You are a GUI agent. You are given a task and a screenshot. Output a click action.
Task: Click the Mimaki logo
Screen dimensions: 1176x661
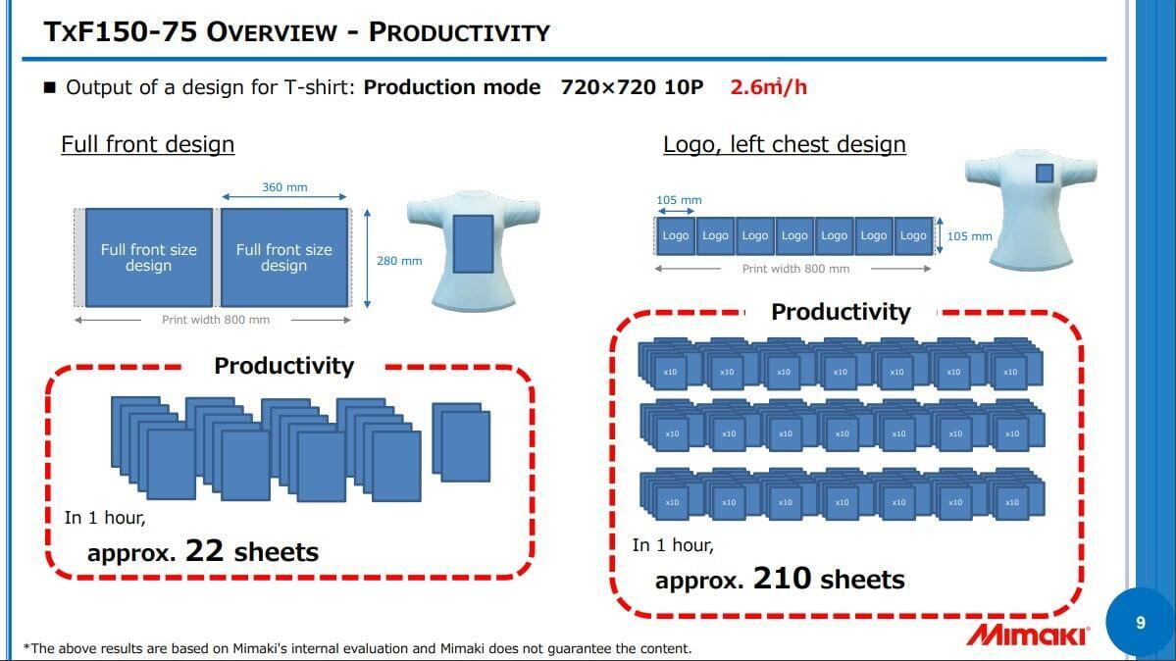pos(1027,635)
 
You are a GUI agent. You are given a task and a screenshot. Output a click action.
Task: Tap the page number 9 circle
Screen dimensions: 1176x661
pos(1140,622)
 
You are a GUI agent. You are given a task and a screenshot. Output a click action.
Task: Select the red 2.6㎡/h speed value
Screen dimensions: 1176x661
pos(769,87)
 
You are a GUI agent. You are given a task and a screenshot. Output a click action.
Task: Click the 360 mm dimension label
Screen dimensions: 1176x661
pos(284,186)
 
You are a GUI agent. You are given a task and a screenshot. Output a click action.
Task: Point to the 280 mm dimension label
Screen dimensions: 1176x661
pos(399,260)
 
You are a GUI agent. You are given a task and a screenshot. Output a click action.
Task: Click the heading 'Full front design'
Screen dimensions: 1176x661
pos(148,144)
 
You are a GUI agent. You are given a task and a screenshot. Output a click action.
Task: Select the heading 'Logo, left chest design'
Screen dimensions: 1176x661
pos(785,144)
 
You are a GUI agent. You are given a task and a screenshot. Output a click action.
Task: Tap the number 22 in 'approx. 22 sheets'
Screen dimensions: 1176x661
pos(204,551)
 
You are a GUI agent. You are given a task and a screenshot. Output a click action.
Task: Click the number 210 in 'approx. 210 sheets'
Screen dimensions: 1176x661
pos(783,579)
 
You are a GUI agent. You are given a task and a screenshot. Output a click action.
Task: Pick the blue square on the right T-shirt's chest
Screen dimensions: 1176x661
pos(1044,174)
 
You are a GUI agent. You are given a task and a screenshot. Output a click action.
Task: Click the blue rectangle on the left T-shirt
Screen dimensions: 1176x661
pos(474,244)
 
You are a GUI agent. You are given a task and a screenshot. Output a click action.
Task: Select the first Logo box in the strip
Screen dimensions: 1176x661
pos(675,235)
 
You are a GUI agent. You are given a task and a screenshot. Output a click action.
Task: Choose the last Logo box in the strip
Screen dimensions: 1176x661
pos(913,235)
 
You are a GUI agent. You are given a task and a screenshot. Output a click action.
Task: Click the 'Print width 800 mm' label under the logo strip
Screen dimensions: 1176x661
pos(795,269)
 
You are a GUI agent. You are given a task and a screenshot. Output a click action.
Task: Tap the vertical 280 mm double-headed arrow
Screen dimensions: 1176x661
pos(367,259)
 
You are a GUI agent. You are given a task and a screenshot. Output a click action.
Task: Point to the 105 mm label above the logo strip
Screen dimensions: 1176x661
pos(679,200)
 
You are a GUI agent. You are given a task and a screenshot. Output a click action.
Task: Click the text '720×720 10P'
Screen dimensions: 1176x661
pos(633,87)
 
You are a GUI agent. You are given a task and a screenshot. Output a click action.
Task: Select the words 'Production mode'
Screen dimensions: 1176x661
pos(451,87)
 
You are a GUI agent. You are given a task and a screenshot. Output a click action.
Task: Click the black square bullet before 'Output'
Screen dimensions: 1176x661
pos(50,88)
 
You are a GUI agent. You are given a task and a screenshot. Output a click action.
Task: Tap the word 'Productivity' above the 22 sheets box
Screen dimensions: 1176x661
pos(283,366)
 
